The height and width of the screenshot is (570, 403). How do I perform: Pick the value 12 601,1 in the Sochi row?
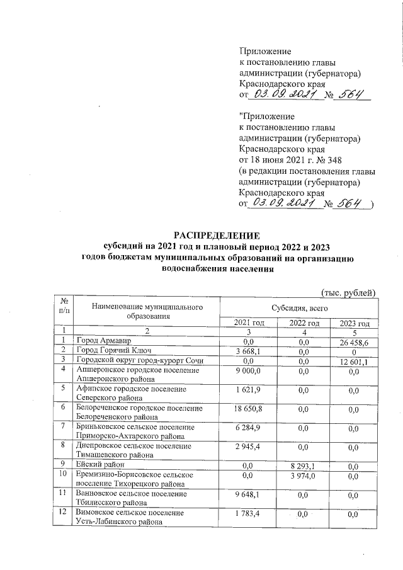354,360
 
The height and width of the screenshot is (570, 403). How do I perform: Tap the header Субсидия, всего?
298,308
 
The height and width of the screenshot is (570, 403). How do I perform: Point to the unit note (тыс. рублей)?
348,292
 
